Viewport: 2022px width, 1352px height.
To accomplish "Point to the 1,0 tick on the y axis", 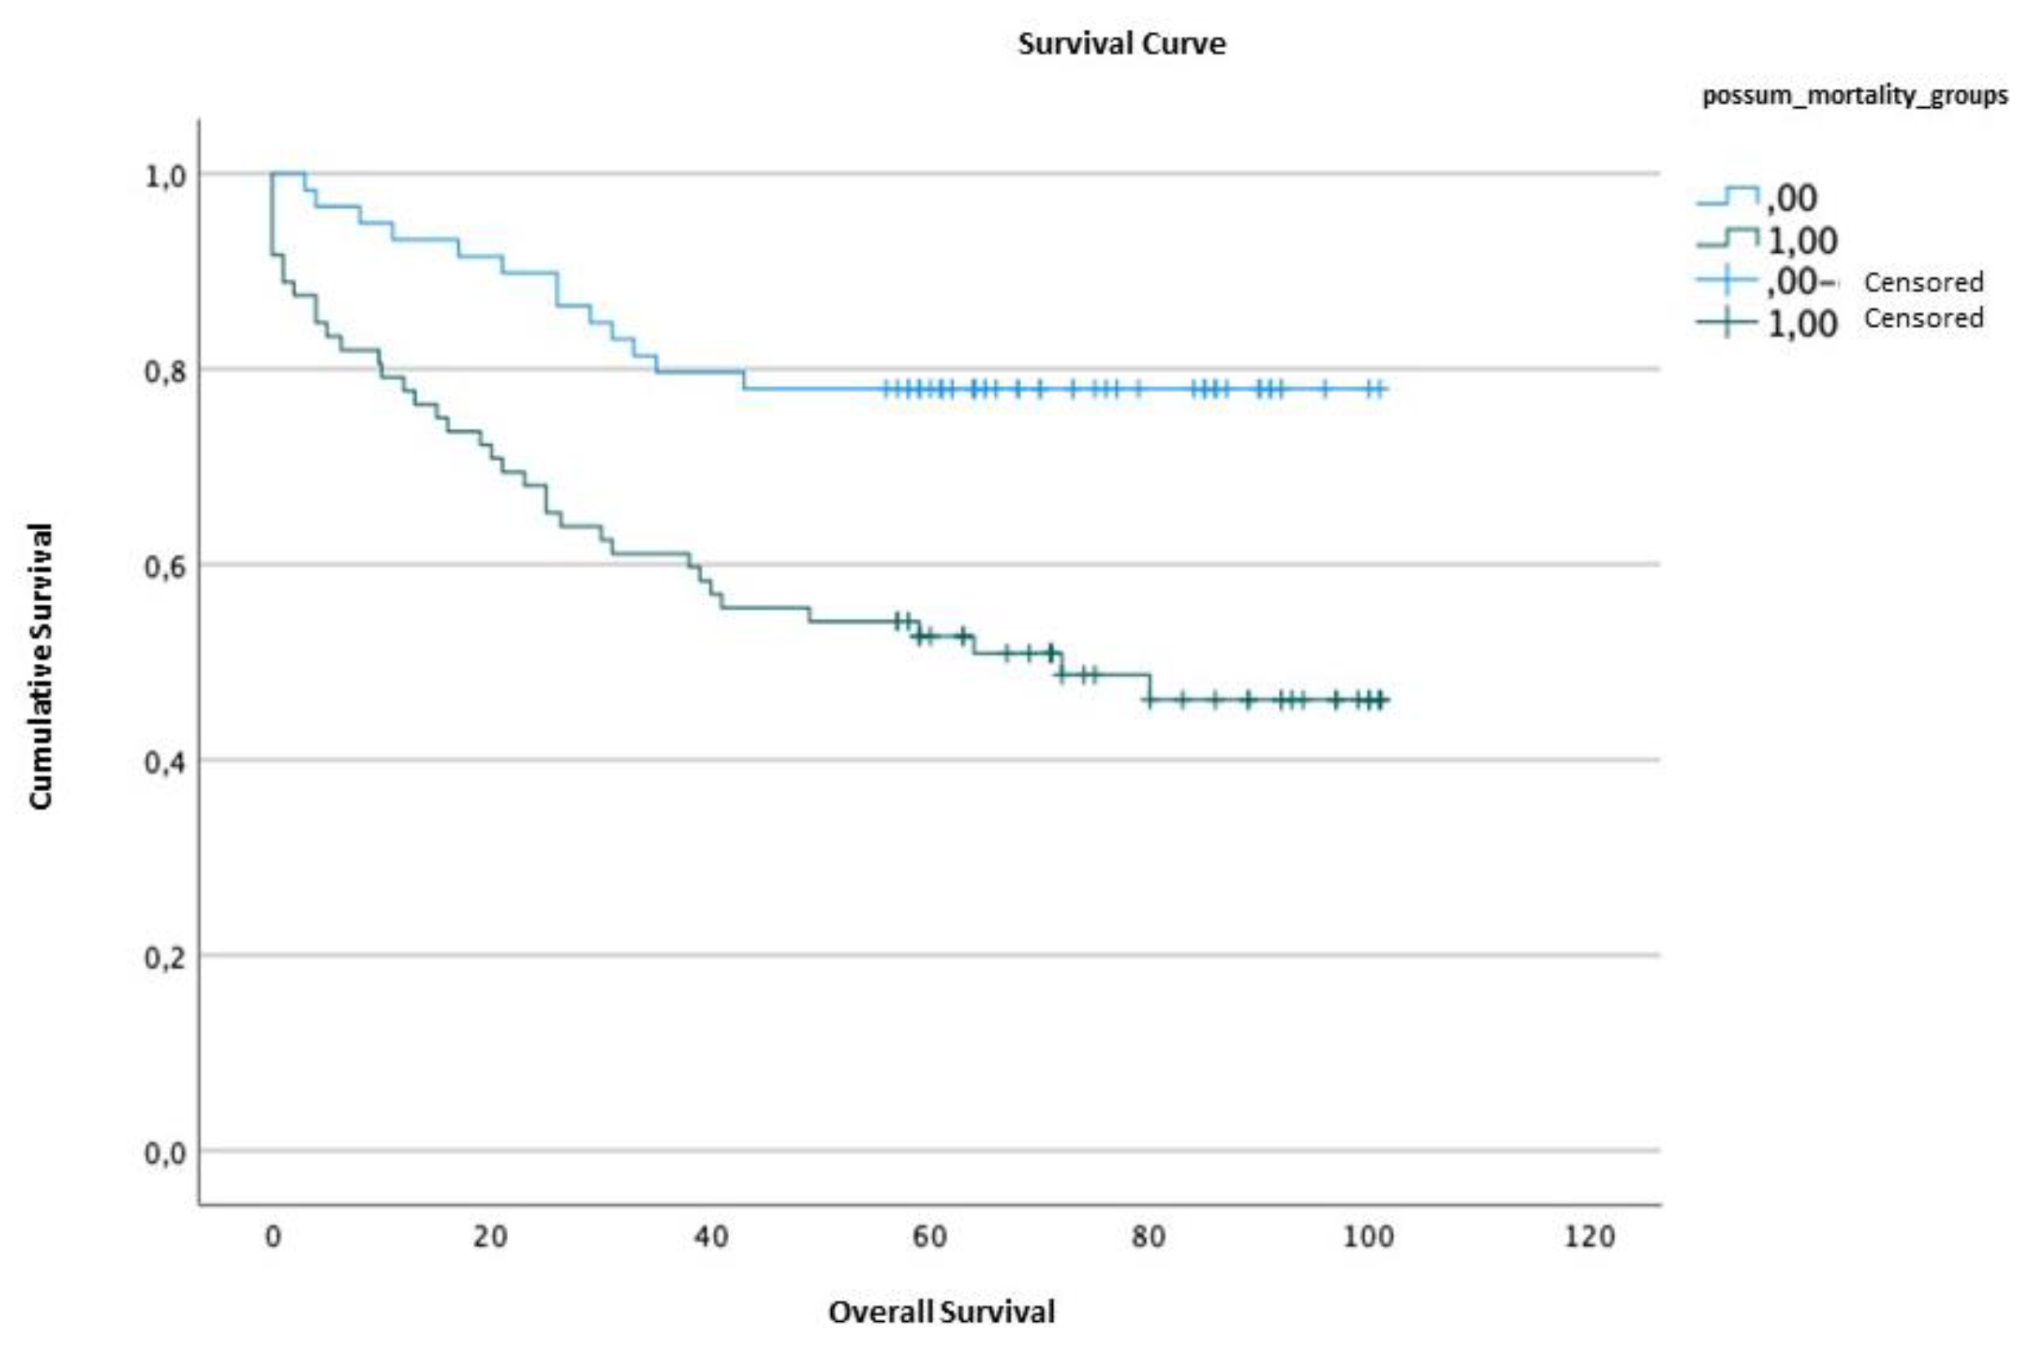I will [165, 177].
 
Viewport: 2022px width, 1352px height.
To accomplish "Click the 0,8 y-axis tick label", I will [165, 373].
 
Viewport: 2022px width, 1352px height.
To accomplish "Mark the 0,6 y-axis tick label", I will [165, 568].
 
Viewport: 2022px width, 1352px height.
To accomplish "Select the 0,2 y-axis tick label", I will [165, 958].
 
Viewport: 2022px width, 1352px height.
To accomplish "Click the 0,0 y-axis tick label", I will [165, 1154].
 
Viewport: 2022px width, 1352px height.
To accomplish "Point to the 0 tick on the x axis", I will [272, 1237].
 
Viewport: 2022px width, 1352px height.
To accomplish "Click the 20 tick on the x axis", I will [490, 1237].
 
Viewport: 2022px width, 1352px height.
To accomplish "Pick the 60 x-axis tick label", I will [929, 1237].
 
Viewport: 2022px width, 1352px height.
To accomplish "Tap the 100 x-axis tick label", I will [1368, 1237].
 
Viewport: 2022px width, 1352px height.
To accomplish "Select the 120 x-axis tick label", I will [1588, 1237].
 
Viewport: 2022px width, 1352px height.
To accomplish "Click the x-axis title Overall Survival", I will [942, 1312].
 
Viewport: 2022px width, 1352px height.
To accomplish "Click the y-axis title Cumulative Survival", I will [40, 666].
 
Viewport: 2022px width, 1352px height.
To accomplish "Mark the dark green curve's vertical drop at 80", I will [1150, 687].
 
